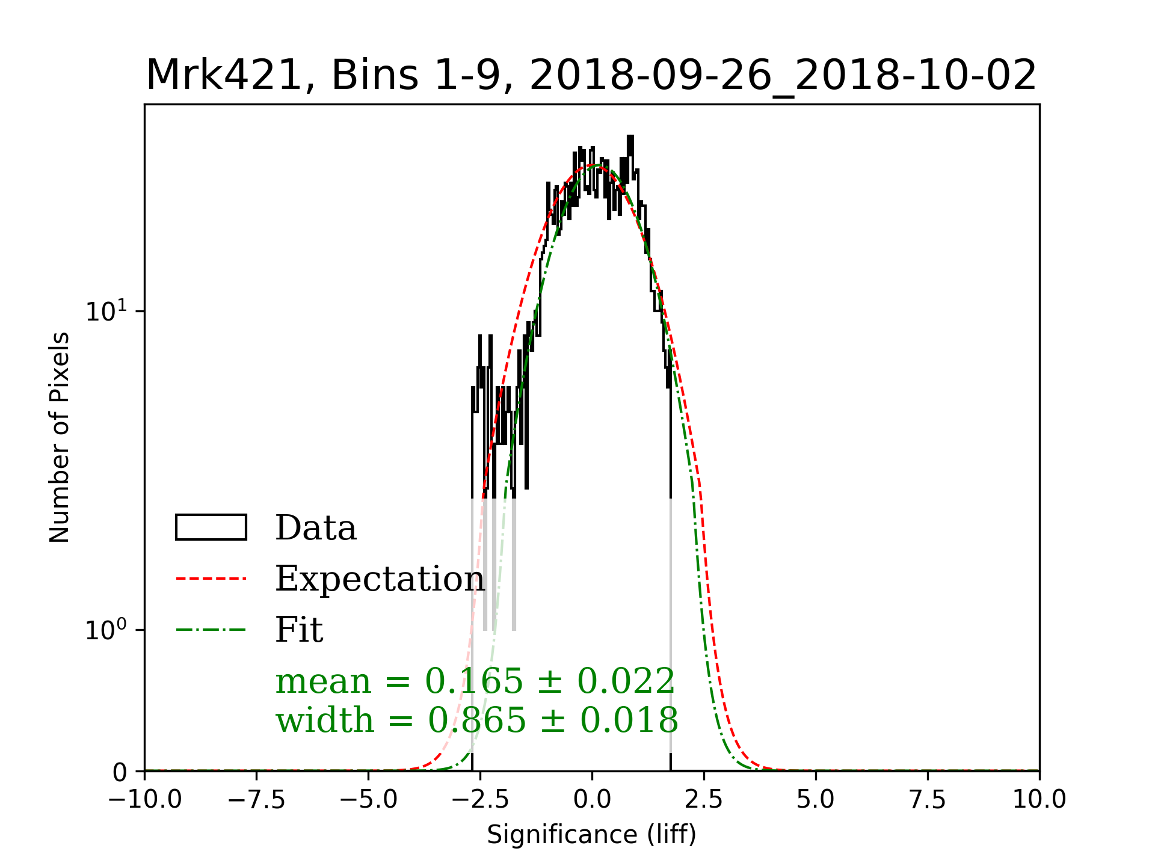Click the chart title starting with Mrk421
(591, 76)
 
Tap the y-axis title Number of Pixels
(60, 437)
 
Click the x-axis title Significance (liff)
(591, 835)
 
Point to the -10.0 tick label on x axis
(144, 800)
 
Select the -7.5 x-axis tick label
(256, 800)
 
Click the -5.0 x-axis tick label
(368, 800)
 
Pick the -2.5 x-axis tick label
(480, 800)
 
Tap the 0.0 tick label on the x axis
(592, 800)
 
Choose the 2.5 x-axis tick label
(704, 800)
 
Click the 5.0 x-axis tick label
(816, 800)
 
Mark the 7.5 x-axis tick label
(928, 800)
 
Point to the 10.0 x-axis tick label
(1039, 800)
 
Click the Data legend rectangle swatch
(211, 527)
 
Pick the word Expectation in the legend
(380, 579)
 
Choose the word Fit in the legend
(299, 630)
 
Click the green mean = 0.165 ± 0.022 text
(475, 681)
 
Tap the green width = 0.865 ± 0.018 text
(477, 720)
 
